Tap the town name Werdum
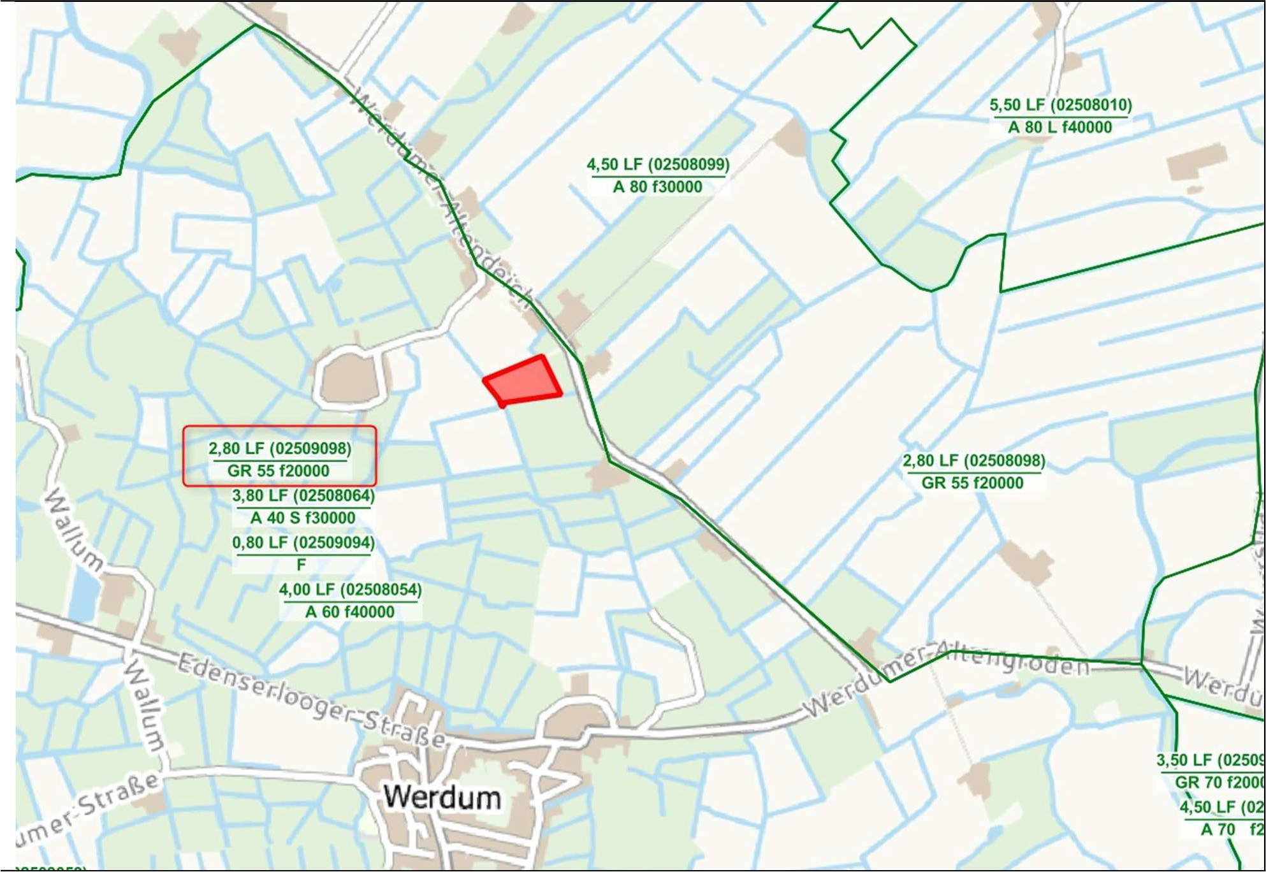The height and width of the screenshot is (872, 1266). [x=442, y=797]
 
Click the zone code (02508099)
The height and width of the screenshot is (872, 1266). [x=688, y=164]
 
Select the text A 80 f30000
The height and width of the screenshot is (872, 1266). [x=657, y=187]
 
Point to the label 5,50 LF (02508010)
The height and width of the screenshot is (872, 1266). [x=1060, y=105]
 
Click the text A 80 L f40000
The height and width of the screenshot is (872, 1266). [x=1059, y=127]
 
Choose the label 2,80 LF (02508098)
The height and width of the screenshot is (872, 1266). [x=973, y=460]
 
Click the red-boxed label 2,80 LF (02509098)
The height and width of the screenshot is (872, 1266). [x=279, y=448]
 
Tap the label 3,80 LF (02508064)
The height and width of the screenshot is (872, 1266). [x=303, y=495]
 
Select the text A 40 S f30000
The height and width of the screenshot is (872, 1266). [x=302, y=518]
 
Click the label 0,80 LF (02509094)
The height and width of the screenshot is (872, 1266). [x=303, y=542]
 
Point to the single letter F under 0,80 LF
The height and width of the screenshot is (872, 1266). [x=301, y=565]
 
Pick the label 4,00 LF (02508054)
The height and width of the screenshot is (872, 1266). [x=350, y=590]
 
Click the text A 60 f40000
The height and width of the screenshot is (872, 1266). [x=350, y=612]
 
